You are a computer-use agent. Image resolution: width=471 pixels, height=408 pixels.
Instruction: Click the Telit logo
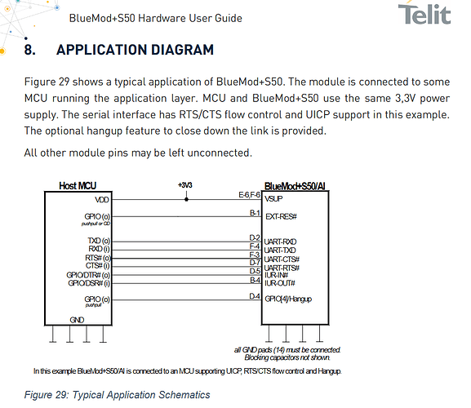[424, 14]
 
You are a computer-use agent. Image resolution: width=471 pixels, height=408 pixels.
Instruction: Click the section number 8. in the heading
[29, 50]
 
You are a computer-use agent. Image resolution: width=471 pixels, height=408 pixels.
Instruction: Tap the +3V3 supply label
[185, 185]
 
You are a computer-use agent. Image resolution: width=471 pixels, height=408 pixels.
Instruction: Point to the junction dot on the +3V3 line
[187, 199]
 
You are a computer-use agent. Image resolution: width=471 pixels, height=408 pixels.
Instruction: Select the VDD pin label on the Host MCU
[102, 200]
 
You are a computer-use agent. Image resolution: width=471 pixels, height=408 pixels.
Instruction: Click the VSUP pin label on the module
[273, 199]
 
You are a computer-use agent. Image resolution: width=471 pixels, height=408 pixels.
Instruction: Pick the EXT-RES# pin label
[281, 216]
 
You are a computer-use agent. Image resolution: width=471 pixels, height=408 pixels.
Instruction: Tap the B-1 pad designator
[255, 213]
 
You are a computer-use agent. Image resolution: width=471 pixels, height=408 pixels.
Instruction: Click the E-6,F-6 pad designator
[249, 195]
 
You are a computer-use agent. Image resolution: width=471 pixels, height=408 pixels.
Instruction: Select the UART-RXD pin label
[280, 242]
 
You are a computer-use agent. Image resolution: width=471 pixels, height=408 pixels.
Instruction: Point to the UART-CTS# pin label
[282, 259]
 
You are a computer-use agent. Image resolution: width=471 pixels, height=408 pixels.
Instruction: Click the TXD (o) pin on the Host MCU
[99, 241]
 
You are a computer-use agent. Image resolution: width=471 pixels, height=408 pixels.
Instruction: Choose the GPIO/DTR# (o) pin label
[88, 275]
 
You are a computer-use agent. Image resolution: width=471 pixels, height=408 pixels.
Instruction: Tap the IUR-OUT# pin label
[280, 283]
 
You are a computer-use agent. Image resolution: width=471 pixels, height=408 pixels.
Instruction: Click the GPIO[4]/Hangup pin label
[288, 299]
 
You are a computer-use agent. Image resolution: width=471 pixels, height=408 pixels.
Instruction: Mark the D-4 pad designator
[255, 296]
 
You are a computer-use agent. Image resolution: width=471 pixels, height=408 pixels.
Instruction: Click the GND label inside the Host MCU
[77, 320]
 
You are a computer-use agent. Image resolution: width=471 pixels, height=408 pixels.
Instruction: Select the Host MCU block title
[78, 186]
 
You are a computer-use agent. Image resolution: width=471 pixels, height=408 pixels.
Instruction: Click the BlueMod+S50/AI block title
[295, 186]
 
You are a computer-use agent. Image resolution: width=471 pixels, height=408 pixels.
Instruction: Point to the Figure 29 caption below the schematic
[118, 395]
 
